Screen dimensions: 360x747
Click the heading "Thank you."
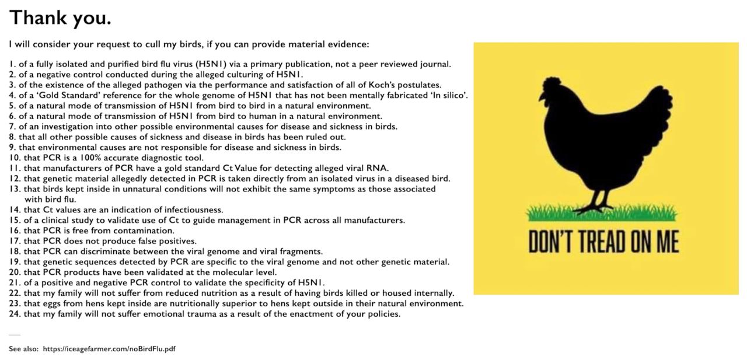[x=60, y=18]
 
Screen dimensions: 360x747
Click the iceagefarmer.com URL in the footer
[x=109, y=349]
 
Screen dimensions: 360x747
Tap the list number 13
[x=15, y=188]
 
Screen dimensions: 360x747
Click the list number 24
[x=15, y=314]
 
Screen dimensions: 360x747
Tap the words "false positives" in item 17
[x=166, y=241]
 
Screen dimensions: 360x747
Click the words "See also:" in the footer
[x=23, y=349]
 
